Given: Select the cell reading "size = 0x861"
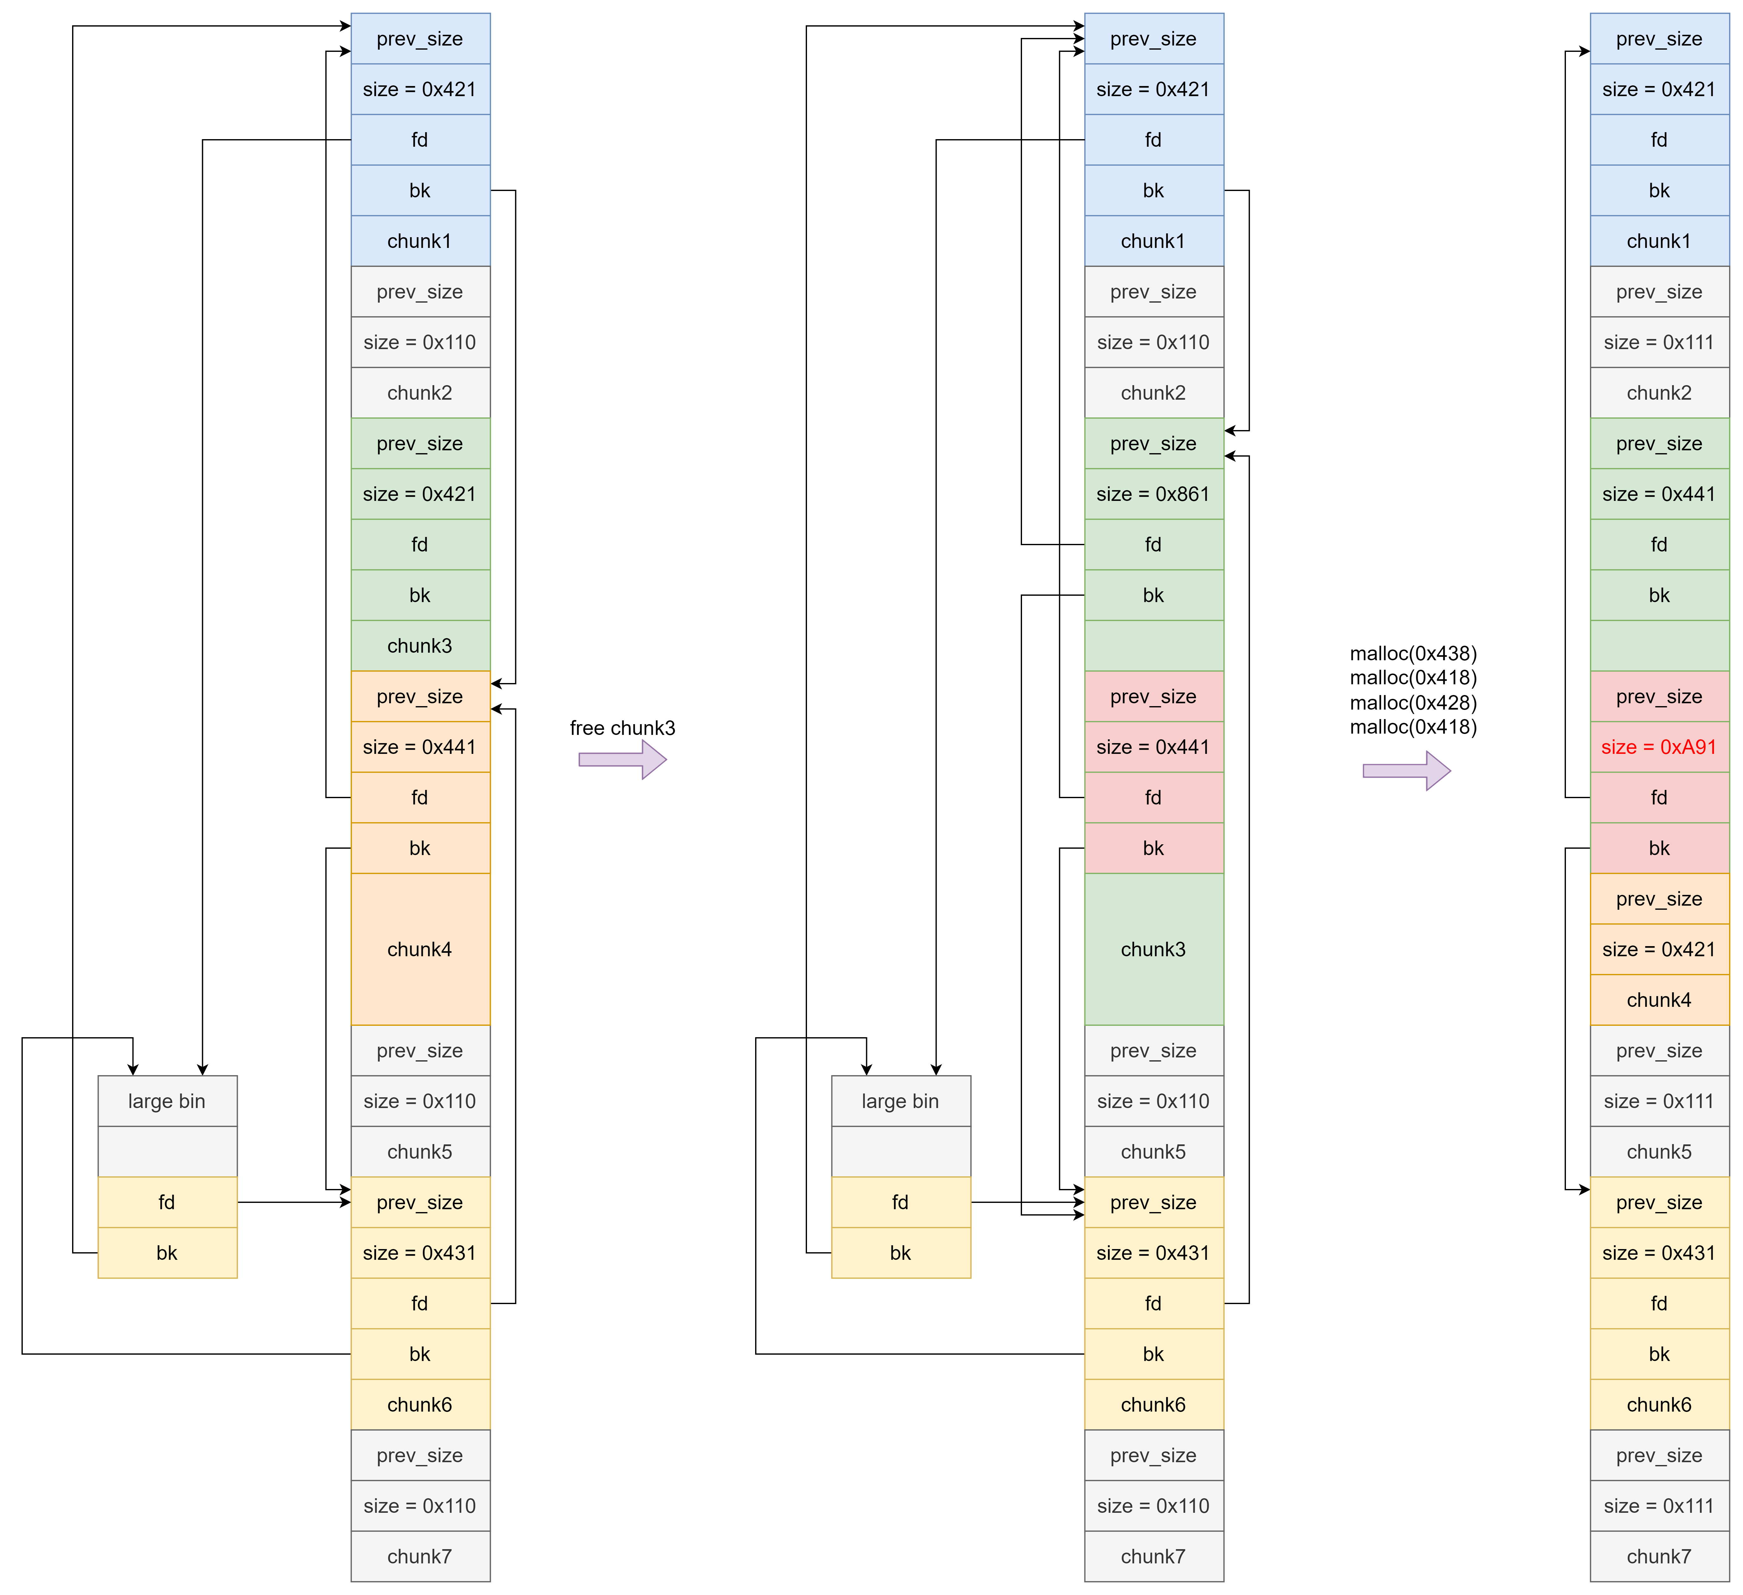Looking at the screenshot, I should point(1153,494).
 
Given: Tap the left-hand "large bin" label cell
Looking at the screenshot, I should point(167,1100).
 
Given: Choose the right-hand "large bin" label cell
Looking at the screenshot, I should point(900,1100).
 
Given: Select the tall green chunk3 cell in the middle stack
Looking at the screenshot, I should point(1153,949).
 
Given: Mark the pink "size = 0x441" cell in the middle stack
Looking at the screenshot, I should point(1153,747).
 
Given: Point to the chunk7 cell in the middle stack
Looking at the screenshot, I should point(1153,1556).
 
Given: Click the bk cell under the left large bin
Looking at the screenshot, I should point(167,1253).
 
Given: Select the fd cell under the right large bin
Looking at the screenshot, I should point(900,1202).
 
